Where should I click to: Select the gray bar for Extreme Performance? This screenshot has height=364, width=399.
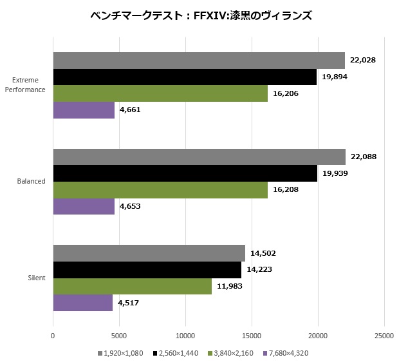point(198,61)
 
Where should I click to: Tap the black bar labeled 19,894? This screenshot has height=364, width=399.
point(185,77)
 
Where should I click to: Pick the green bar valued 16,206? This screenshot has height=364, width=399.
point(160,93)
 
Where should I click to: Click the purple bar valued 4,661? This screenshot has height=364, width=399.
point(84,110)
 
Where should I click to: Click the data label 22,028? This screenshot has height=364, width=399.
point(363,61)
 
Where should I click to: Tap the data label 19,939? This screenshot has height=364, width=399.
point(335,173)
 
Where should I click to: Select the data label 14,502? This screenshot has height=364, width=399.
point(263,254)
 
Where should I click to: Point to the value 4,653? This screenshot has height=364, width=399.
point(133,207)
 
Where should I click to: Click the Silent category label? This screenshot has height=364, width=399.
point(37,278)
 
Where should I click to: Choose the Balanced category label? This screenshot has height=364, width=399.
point(32,182)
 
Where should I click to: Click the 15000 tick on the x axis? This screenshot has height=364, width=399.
point(252,336)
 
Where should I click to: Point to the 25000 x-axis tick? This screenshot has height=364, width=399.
point(384,336)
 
